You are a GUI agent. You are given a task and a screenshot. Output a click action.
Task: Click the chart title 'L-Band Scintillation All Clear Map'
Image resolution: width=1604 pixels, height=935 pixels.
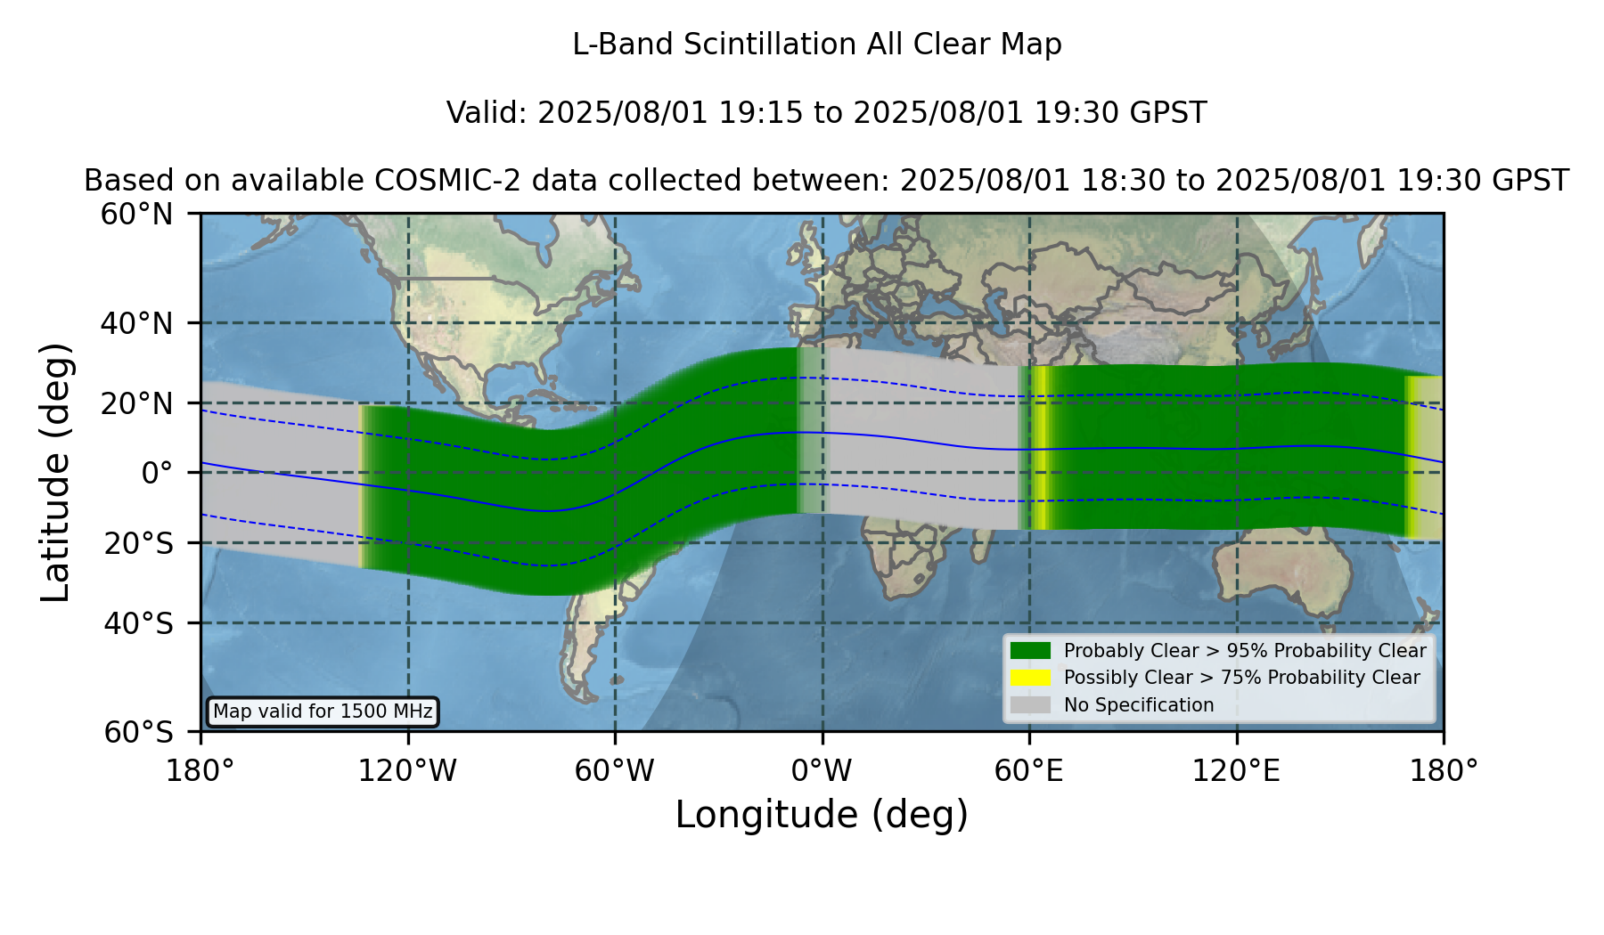coord(816,45)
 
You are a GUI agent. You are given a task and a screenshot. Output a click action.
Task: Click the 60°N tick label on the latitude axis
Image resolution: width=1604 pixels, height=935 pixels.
coord(136,215)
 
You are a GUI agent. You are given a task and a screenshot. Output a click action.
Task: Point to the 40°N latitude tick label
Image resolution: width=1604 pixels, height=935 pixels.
coord(136,323)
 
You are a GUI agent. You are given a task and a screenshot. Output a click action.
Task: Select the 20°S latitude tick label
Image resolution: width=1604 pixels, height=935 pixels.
coord(138,543)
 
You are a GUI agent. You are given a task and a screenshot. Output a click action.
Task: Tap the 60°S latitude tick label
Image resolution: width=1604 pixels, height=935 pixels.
coord(138,732)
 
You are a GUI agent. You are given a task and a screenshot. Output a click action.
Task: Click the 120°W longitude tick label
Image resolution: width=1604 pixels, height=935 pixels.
coord(407,770)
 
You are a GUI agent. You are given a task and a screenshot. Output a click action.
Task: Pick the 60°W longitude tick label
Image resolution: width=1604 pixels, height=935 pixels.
coord(615,770)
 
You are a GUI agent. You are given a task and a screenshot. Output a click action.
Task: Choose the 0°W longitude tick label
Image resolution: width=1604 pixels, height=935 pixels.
coord(822,770)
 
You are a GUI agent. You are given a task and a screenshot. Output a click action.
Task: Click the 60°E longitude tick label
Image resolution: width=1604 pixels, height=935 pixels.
coord(1029,770)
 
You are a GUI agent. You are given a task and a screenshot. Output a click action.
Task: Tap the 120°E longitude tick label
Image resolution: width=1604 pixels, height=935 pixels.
coord(1236,770)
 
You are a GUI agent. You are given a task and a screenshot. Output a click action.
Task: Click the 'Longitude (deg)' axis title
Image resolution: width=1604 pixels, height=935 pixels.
coord(822,815)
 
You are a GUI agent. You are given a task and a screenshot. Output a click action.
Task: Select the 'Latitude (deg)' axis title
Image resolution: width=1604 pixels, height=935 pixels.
coord(55,472)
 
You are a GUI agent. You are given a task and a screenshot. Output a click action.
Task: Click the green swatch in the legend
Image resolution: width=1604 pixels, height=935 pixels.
coord(1031,651)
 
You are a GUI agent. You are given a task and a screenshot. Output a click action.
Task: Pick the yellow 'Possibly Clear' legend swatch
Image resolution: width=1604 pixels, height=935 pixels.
coord(1031,678)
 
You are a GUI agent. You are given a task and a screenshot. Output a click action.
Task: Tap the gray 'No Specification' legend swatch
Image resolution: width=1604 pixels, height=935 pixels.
coord(1031,705)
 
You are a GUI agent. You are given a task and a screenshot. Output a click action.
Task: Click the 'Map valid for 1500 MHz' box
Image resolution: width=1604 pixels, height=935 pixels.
coord(323,711)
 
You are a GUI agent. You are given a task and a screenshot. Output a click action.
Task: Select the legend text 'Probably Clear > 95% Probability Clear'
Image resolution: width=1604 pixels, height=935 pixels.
coord(1245,651)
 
